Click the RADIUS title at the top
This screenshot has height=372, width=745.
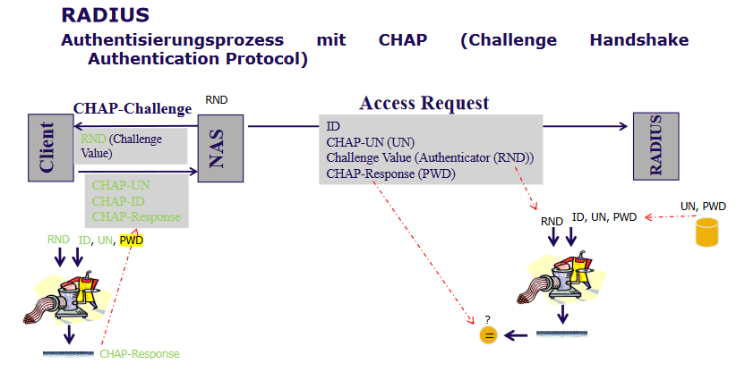click(x=106, y=15)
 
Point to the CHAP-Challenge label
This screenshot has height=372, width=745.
click(x=133, y=109)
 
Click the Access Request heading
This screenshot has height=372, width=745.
click(x=424, y=103)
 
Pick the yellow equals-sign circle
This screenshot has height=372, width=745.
click(x=488, y=335)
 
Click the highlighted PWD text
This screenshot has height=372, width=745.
click(x=131, y=240)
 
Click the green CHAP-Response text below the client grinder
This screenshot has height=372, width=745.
click(x=140, y=354)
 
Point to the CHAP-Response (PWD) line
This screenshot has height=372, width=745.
click(x=390, y=173)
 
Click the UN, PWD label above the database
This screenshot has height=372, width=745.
click(x=703, y=207)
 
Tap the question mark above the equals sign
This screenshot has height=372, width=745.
click(x=488, y=319)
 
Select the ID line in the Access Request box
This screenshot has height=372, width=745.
click(x=333, y=126)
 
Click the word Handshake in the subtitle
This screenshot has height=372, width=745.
click(x=640, y=40)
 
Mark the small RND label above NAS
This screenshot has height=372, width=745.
click(x=217, y=101)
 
